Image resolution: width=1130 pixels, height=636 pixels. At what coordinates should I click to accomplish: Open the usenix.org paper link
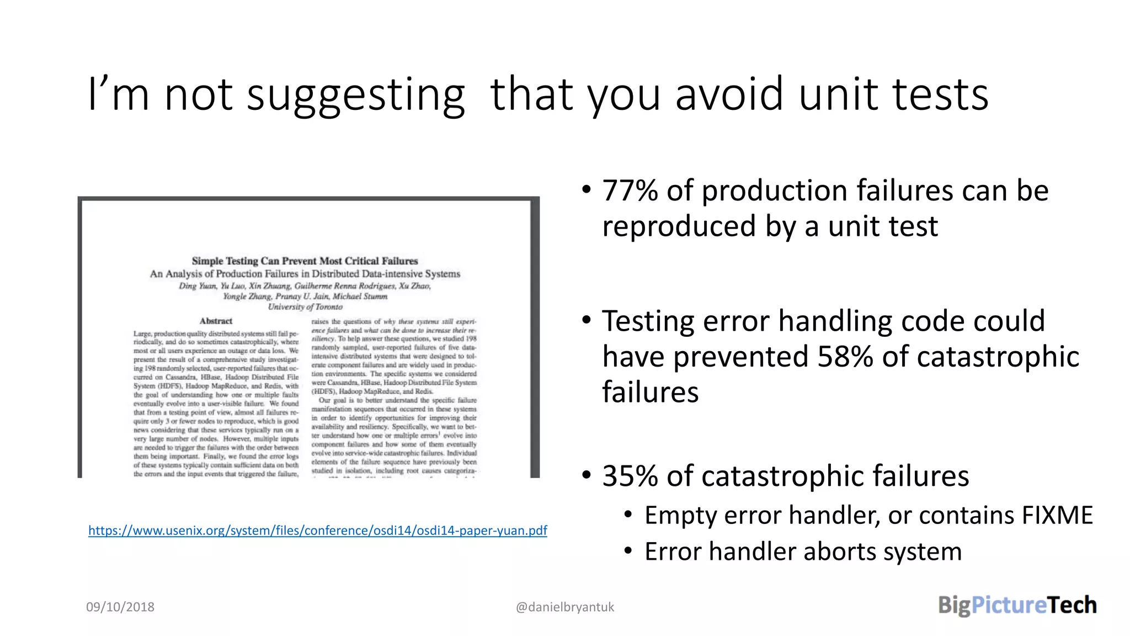[317, 531]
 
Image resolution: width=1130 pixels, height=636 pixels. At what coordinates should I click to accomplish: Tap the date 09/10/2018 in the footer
[120, 607]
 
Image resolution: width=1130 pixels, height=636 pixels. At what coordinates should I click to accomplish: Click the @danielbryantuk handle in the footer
[564, 607]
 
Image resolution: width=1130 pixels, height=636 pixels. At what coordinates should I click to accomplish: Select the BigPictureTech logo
[1017, 605]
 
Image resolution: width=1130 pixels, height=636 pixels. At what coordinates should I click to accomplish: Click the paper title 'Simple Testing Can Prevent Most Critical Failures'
[305, 261]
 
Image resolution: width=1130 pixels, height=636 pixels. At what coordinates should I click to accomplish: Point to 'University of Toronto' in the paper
[305, 307]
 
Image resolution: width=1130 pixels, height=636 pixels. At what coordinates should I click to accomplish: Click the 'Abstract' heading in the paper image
[216, 321]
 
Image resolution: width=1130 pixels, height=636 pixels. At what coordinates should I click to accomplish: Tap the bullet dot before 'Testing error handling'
[587, 320]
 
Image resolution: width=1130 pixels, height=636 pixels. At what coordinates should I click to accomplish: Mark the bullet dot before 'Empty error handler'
[628, 515]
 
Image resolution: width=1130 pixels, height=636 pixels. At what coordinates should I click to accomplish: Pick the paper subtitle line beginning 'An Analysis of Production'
[305, 274]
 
